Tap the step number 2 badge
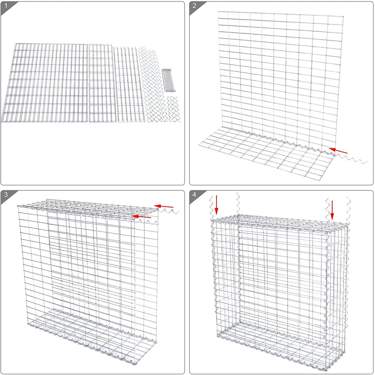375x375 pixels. coord(194,6)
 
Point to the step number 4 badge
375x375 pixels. coord(194,195)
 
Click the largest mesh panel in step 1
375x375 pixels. coord(45,83)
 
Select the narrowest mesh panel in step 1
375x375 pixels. coord(128,85)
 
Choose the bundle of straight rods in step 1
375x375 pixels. coord(169,81)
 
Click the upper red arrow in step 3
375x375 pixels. coord(164,206)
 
